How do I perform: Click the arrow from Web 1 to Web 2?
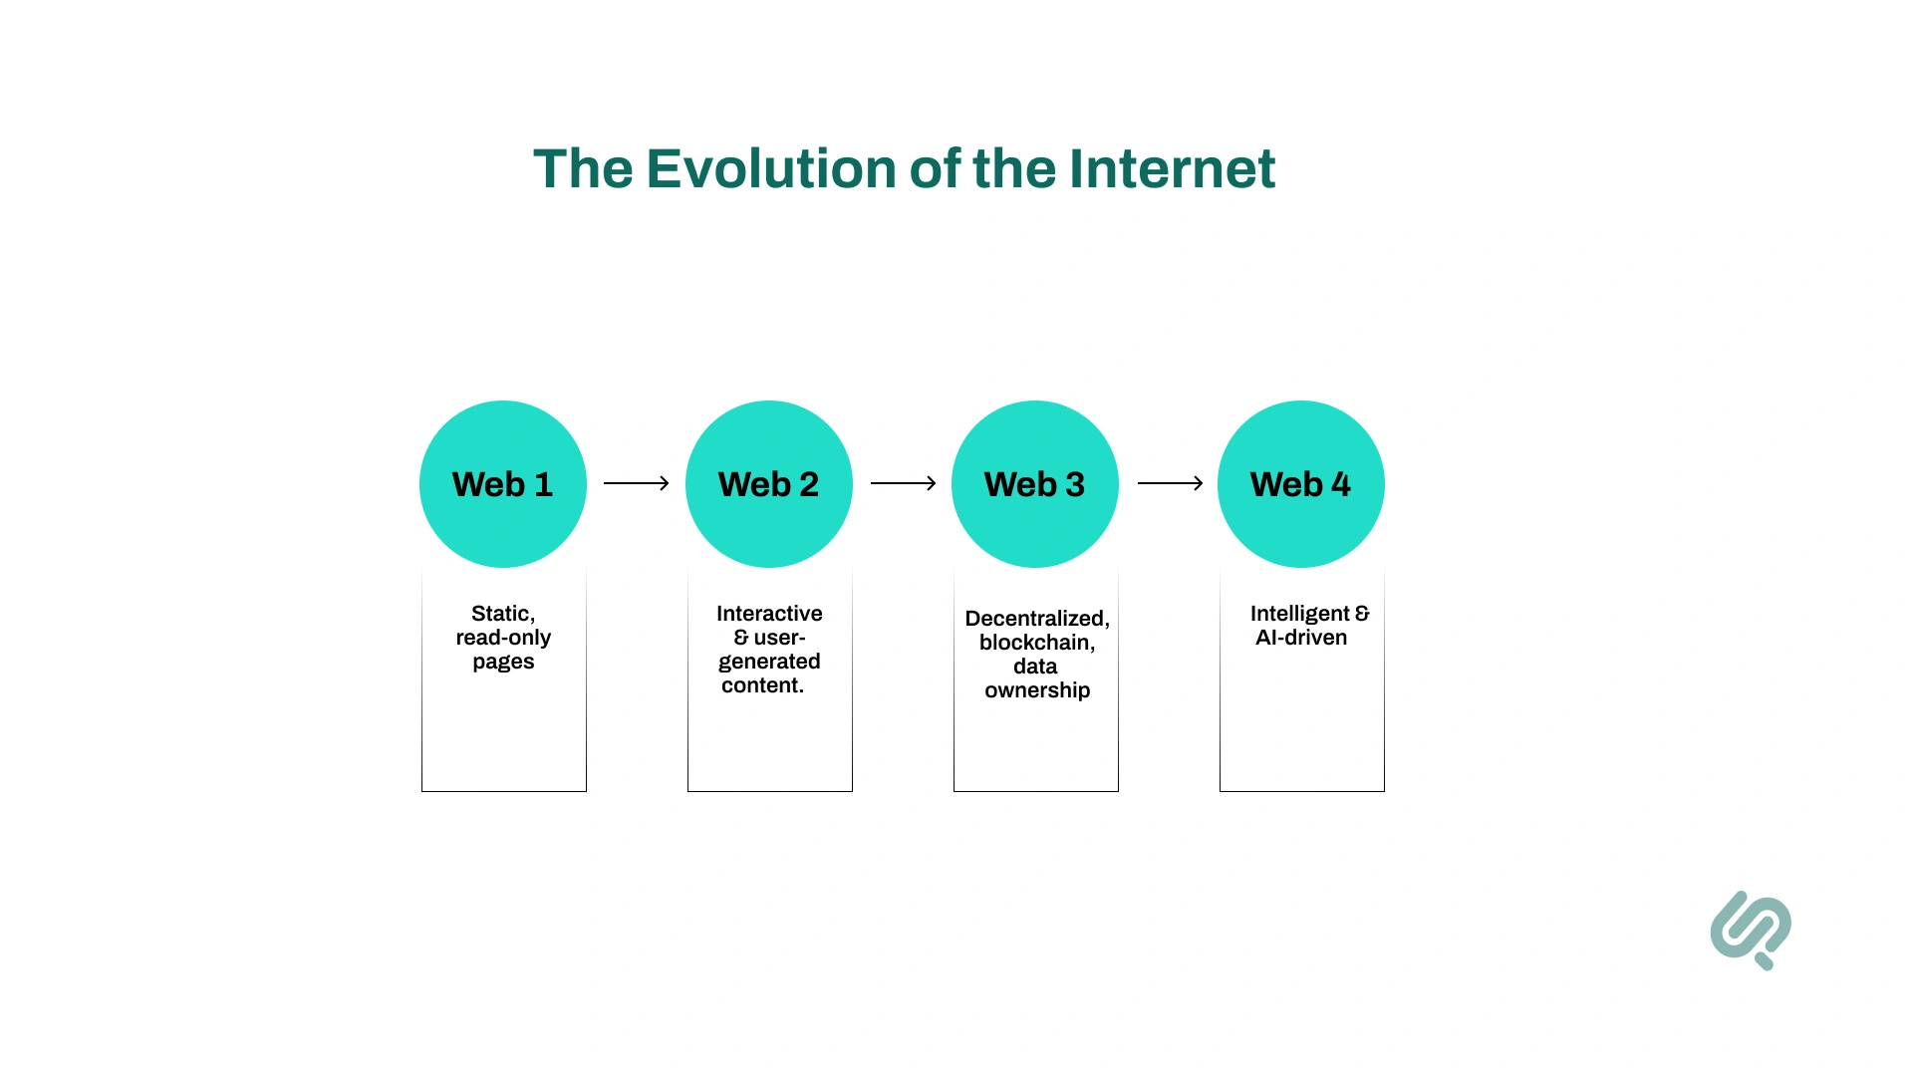636,483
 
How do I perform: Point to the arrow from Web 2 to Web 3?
903,483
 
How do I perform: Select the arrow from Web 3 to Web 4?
1170,483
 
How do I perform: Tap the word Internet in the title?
1172,168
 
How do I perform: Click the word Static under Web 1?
502,614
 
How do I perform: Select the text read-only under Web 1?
503,638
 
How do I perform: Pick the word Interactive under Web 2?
769,614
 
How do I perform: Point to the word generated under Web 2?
769,662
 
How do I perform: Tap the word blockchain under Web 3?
1036,643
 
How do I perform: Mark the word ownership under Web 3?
1037,690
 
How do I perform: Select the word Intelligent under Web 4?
1299,614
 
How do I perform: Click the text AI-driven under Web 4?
1301,638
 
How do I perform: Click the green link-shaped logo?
1751,930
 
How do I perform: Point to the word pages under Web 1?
503,663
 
